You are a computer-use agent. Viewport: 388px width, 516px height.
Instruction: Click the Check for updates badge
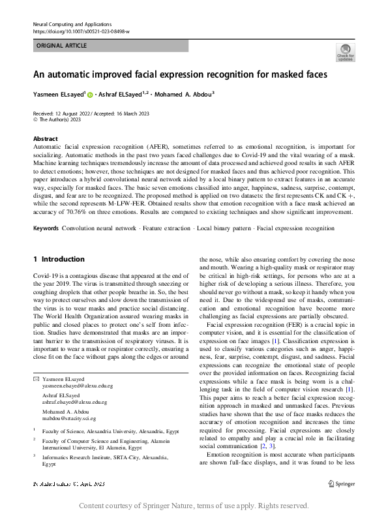pyautogui.click(x=345, y=52)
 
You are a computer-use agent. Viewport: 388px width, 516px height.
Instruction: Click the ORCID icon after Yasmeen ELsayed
pyautogui.click(x=90, y=95)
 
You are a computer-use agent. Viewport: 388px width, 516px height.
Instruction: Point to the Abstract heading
pyautogui.click(x=45, y=139)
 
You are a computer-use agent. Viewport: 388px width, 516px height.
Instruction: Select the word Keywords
pyautogui.click(x=46, y=229)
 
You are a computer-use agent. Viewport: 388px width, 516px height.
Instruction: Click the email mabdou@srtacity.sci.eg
pyautogui.click(x=68, y=417)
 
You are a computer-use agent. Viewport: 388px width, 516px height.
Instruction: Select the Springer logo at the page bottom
pyautogui.click(x=343, y=483)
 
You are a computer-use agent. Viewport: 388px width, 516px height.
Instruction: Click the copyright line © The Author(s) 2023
pyautogui.click(x=57, y=120)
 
